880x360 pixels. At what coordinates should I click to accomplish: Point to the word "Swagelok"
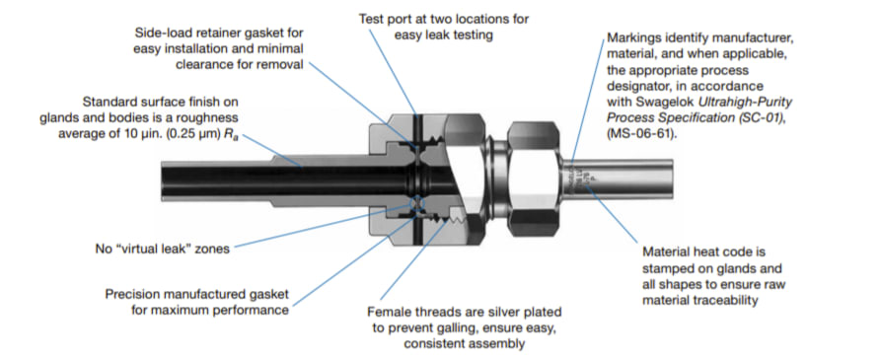tap(678, 104)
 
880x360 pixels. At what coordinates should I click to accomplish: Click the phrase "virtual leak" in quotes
tap(168, 249)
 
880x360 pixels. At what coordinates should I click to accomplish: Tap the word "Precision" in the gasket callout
tap(132, 294)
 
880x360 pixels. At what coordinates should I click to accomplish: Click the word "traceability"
tap(728, 301)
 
